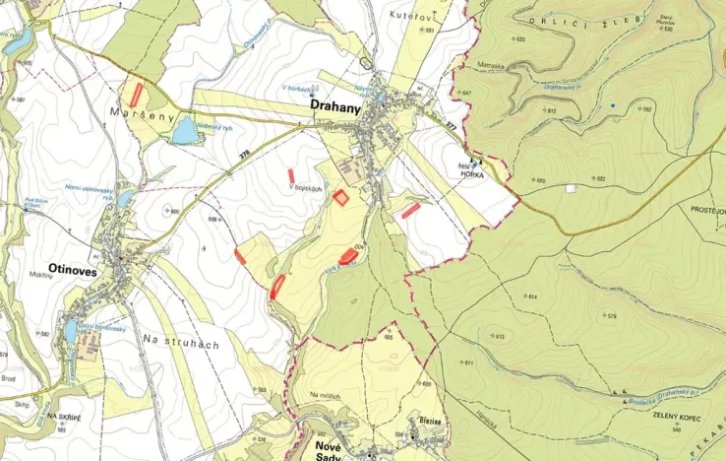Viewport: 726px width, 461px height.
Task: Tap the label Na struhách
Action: tap(179, 343)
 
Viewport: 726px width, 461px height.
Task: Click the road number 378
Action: tap(244, 153)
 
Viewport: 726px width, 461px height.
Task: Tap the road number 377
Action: tap(451, 126)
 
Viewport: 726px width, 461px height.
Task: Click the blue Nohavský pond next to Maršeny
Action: tap(184, 132)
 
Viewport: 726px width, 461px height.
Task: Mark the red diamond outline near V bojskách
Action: tap(340, 197)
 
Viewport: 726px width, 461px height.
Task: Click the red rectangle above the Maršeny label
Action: tap(136, 96)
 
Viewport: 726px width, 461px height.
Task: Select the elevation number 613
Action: tap(498, 337)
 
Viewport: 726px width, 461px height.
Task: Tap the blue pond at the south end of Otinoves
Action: tap(70, 330)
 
